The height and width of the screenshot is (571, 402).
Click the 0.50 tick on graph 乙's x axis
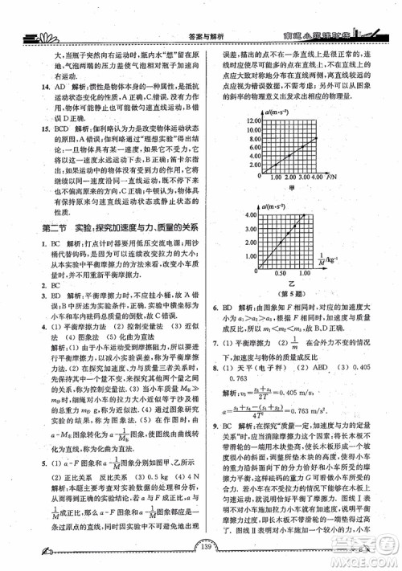pos(281,273)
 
